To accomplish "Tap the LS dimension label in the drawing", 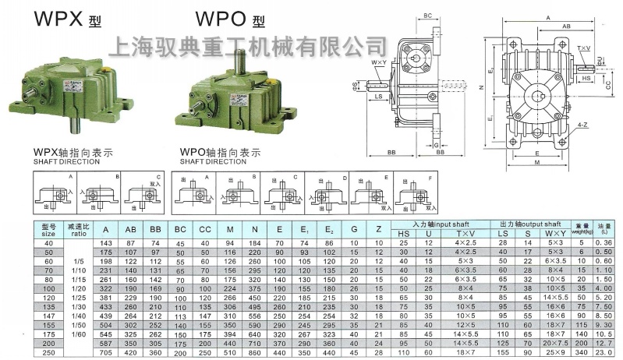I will pos(377,97).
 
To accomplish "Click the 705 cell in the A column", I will pos(107,353).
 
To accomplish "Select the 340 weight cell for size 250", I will pos(581,353).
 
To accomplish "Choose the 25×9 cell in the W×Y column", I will pos(555,353).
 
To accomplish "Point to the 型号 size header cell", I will pos(49,229).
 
